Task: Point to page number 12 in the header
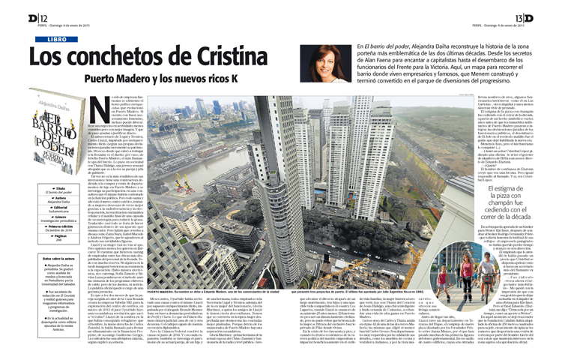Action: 23,18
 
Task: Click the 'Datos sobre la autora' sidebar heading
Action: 49,259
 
